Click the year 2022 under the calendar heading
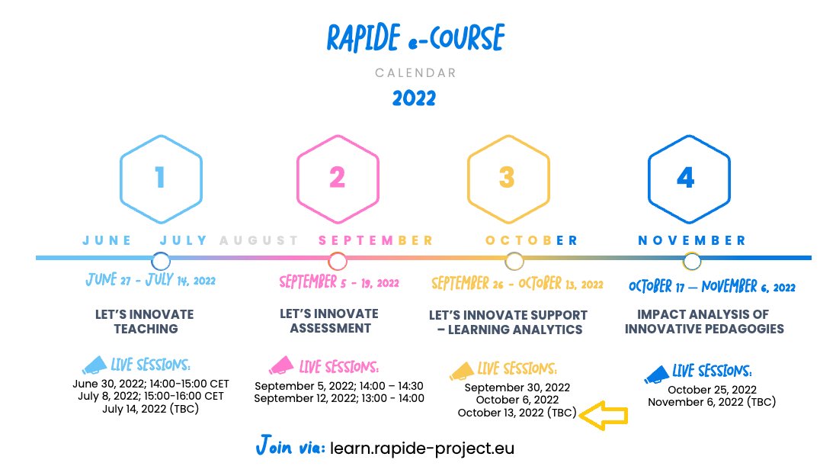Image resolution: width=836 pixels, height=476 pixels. [414, 98]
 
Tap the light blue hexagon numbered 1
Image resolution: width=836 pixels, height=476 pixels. [160, 178]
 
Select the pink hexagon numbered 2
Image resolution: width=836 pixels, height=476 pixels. [338, 178]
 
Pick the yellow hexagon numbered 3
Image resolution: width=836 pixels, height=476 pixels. [508, 178]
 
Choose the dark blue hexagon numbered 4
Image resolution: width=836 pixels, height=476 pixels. [686, 178]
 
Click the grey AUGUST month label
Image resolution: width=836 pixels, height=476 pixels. [259, 240]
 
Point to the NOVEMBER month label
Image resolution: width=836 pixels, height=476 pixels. [692, 240]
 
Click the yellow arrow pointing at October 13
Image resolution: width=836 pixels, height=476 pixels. [603, 416]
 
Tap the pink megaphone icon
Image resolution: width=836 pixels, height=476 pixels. [282, 366]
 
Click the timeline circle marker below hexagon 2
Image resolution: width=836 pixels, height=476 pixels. [338, 262]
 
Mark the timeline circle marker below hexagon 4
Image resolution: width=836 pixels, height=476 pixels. [692, 262]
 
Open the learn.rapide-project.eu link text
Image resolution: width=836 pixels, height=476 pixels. [422, 449]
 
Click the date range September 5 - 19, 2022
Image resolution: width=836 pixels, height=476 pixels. [339, 283]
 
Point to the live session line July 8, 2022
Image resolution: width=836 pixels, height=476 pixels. [150, 396]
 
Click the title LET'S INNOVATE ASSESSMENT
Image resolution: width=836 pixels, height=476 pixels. [329, 321]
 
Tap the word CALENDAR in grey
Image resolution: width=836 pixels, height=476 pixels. [415, 73]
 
